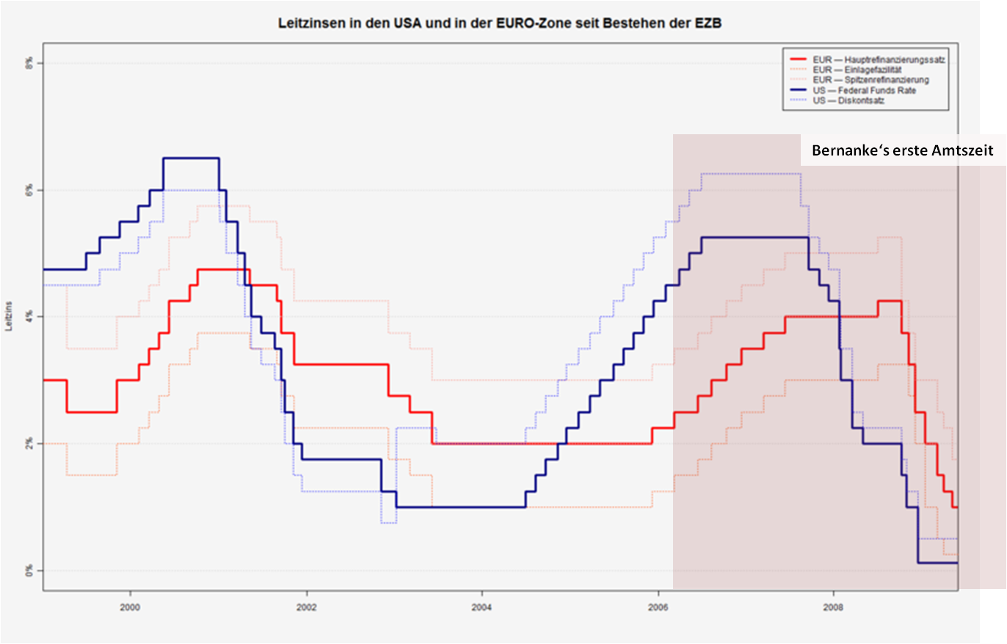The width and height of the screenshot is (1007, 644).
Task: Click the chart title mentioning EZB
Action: (x=501, y=24)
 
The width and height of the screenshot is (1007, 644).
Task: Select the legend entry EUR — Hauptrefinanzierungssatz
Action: (x=865, y=59)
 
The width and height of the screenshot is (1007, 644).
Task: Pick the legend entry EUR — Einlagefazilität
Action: (x=851, y=70)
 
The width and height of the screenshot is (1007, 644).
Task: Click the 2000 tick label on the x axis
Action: (x=131, y=607)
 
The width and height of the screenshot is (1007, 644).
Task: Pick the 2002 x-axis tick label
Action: (x=306, y=607)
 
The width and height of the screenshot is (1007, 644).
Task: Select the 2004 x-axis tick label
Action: (x=481, y=607)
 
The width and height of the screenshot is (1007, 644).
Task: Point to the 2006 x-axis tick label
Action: (x=658, y=607)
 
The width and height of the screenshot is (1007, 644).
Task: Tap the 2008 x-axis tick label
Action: (x=833, y=607)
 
